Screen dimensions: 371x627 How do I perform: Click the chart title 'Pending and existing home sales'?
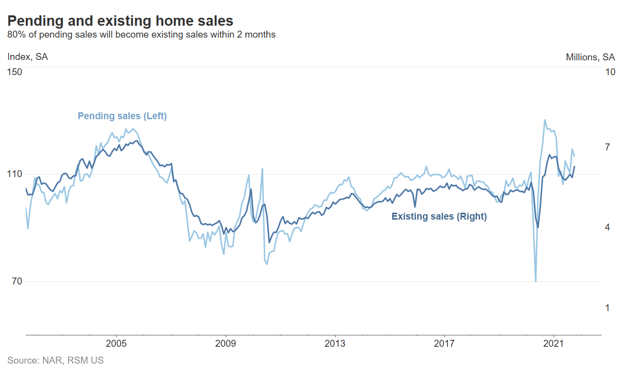coord(120,21)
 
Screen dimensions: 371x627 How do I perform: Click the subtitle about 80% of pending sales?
coord(141,35)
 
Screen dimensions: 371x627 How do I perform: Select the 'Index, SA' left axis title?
coord(28,57)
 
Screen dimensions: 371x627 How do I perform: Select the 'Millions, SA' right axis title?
coord(590,57)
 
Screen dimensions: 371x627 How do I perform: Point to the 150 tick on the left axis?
coord(15,72)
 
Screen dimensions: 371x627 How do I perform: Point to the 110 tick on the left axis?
coord(15,174)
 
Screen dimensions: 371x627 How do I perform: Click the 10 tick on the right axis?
coord(610,72)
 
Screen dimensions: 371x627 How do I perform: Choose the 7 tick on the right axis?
coord(608,147)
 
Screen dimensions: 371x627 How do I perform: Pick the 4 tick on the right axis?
coord(608,228)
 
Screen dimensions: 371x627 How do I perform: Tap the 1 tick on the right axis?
coord(608,308)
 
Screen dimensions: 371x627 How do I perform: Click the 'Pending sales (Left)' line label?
coord(122,116)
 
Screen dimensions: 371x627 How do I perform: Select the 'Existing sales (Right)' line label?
coord(439,217)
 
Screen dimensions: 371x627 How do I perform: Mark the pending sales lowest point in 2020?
coord(536,281)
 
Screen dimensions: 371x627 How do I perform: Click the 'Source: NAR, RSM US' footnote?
coord(55,361)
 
